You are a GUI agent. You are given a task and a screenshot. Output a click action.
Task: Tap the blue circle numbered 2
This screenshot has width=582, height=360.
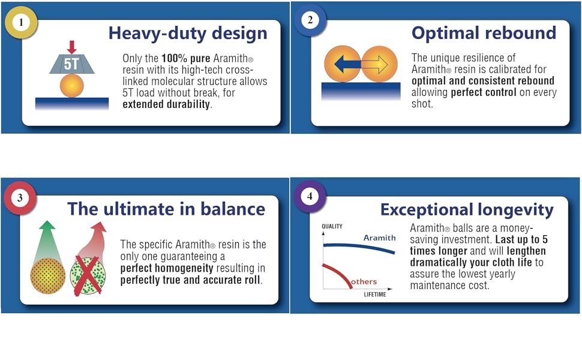tap(310, 20)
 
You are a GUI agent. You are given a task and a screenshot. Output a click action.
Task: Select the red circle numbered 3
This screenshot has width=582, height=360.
tap(20, 198)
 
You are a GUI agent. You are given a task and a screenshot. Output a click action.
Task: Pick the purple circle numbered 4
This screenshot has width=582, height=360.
tap(310, 196)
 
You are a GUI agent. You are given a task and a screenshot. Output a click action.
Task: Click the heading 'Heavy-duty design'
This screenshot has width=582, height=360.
tap(188, 34)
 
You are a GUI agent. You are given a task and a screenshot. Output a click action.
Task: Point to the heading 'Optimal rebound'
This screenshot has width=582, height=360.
tap(484, 33)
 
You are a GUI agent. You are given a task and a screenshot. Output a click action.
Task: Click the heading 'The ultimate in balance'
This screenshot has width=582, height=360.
tap(166, 209)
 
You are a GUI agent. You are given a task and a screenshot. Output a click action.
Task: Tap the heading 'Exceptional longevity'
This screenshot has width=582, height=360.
tap(467, 210)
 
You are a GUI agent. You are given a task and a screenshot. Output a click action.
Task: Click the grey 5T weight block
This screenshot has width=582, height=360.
tap(71, 64)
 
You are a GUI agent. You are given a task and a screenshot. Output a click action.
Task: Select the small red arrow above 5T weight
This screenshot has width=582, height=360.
tap(71, 47)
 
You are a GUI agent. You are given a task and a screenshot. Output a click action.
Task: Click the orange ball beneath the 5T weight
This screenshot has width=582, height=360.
tap(71, 86)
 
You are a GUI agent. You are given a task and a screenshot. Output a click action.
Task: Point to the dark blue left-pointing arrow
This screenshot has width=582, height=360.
tap(347, 65)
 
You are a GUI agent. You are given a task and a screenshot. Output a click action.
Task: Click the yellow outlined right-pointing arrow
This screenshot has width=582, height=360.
tap(374, 65)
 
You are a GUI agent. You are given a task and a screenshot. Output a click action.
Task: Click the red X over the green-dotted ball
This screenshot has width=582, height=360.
tap(88, 275)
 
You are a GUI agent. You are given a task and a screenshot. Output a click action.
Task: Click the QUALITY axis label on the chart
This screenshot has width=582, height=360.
tap(332, 226)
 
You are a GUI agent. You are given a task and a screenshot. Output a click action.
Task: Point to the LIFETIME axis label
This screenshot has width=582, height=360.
tap(375, 295)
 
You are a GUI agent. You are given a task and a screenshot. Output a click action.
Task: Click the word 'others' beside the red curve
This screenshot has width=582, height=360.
tap(364, 281)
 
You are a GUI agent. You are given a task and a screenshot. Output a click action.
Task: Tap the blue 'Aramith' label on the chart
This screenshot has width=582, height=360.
tap(379, 238)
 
